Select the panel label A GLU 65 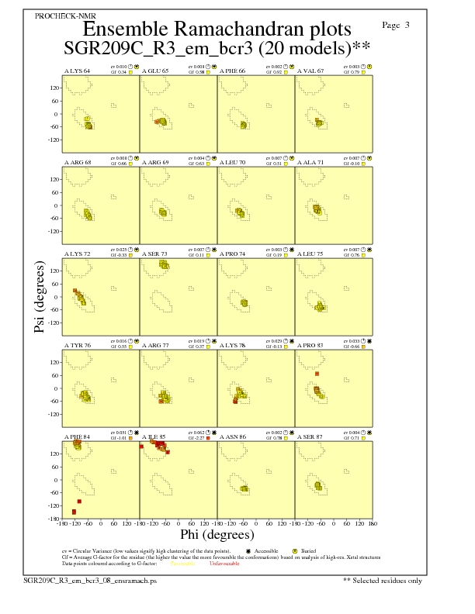click(x=154, y=71)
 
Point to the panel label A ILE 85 click(x=154, y=436)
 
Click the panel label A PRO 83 click(x=310, y=345)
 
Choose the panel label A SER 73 click(x=154, y=254)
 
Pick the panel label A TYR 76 click(x=77, y=345)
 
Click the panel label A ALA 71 click(x=310, y=163)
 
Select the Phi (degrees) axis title click(x=217, y=534)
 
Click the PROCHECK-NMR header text click(x=59, y=16)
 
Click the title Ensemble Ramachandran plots click(x=217, y=30)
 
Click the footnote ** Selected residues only click(x=383, y=579)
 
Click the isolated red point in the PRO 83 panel click(x=317, y=374)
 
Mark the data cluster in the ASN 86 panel click(x=244, y=488)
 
